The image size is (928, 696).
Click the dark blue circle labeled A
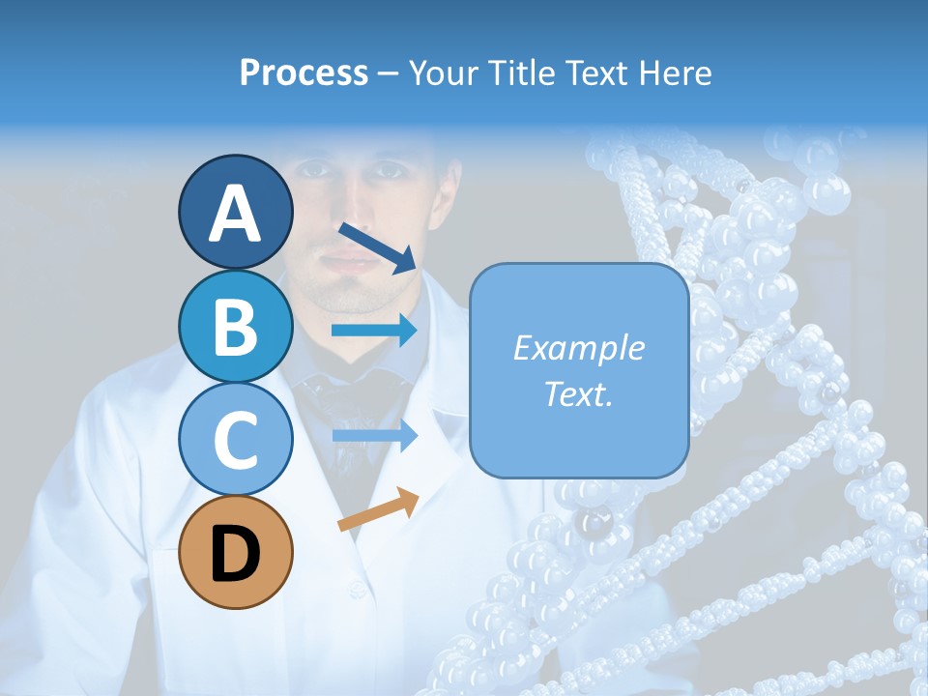pos(235,212)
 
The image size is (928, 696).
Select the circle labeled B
pos(235,326)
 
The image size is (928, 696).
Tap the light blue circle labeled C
pos(235,439)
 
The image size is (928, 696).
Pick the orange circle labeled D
pos(235,552)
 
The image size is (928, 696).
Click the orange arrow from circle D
pos(378,510)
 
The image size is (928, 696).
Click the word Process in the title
pos(304,72)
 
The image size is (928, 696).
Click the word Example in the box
pos(578,348)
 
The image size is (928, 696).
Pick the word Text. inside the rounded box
pos(578,393)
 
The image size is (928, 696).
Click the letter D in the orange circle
pos(235,554)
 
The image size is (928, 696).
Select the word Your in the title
pos(441,72)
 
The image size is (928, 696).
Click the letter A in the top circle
pos(235,213)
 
